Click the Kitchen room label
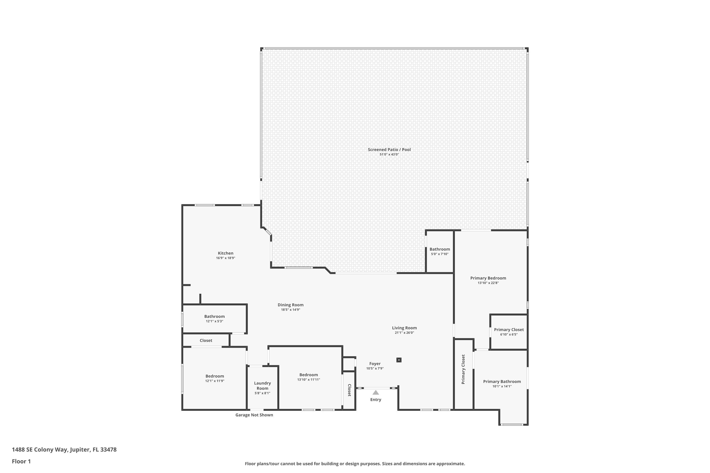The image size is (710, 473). point(226,253)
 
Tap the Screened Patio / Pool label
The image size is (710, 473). point(389,150)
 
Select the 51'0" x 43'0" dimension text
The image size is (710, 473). point(389,154)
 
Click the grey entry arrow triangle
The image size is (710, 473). point(376,392)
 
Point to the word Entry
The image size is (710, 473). point(376,400)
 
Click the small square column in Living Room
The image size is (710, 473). point(399,360)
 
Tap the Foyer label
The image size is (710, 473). point(375,364)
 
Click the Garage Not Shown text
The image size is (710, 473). point(254,415)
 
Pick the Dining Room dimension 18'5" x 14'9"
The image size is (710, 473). point(290,310)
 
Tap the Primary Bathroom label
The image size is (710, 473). point(502,382)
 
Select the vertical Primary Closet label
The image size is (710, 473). point(463,369)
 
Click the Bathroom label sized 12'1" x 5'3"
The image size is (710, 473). point(214,316)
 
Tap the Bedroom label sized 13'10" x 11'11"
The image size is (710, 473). point(309,375)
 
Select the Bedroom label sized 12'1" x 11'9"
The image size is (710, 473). point(215,376)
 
